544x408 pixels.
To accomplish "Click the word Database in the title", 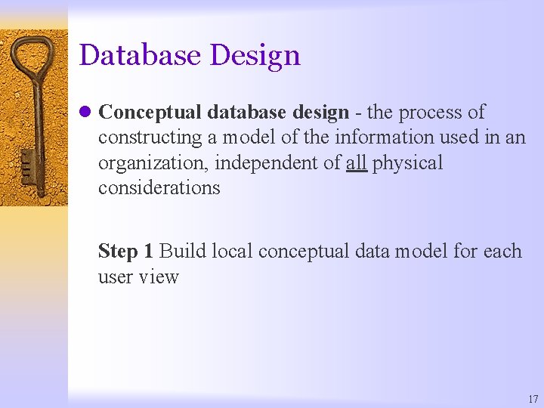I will click(141, 55).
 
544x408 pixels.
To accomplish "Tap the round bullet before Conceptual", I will click(85, 113).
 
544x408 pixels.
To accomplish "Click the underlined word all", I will click(356, 162).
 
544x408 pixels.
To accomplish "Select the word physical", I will click(407, 163).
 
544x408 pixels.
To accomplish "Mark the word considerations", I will click(159, 188).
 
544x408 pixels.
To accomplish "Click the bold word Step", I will click(117, 252).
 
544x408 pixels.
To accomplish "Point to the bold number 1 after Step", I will click(148, 251).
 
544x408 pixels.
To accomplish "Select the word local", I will click(232, 251).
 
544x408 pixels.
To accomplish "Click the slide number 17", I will click(533, 399).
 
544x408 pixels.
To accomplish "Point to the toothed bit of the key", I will click(27, 167).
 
